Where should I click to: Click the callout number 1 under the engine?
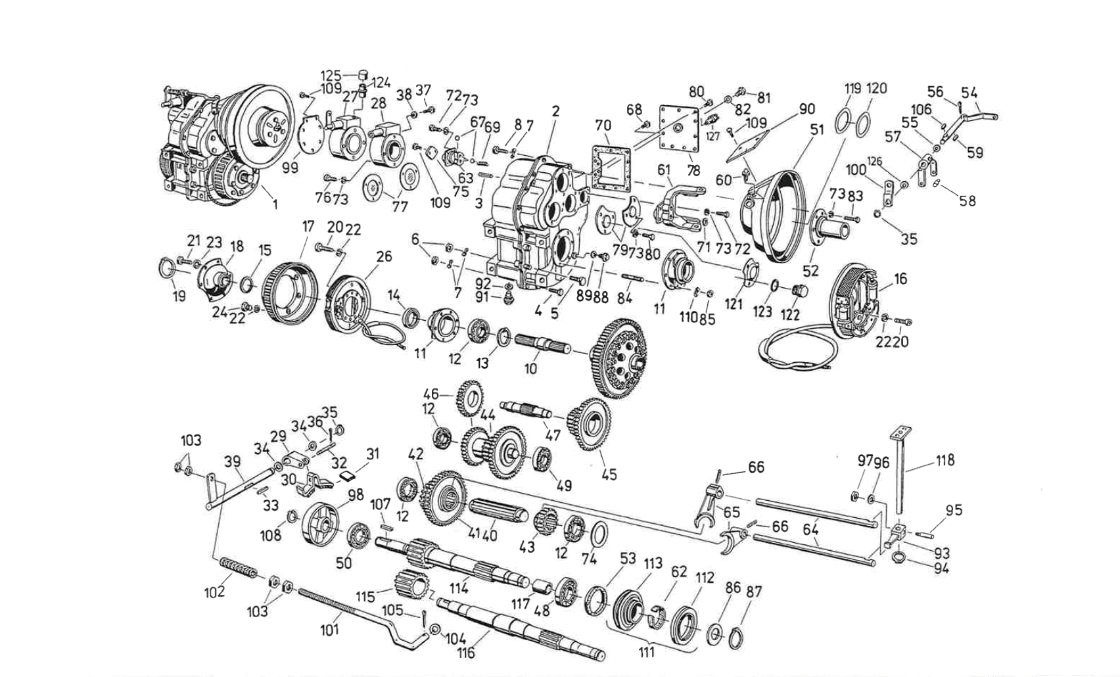(275, 205)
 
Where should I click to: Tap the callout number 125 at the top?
(331, 75)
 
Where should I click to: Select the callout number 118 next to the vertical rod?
(945, 460)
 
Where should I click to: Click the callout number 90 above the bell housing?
(806, 109)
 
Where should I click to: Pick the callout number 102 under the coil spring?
(214, 592)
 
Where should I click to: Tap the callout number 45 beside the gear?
(609, 473)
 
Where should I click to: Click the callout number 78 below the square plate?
(693, 171)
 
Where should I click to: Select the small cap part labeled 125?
(362, 74)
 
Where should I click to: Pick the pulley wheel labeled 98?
(321, 523)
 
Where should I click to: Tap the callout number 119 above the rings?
(852, 88)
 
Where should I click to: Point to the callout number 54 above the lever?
(969, 93)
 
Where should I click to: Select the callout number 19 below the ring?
(179, 296)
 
